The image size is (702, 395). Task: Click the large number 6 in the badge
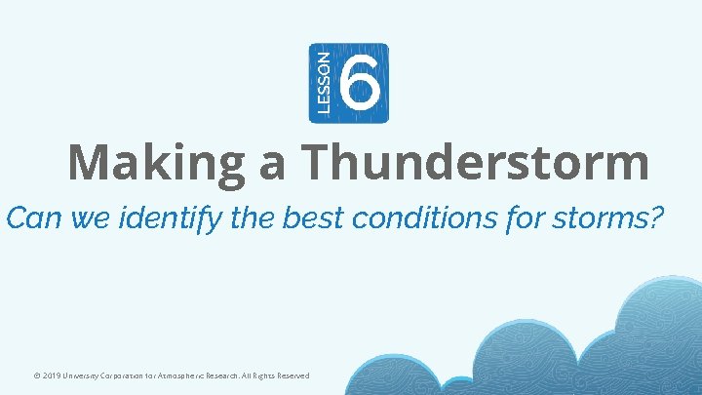click(360, 83)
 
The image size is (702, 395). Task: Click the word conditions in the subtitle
click(430, 217)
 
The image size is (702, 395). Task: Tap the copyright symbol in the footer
click(35, 375)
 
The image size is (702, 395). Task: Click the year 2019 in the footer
click(52, 375)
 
